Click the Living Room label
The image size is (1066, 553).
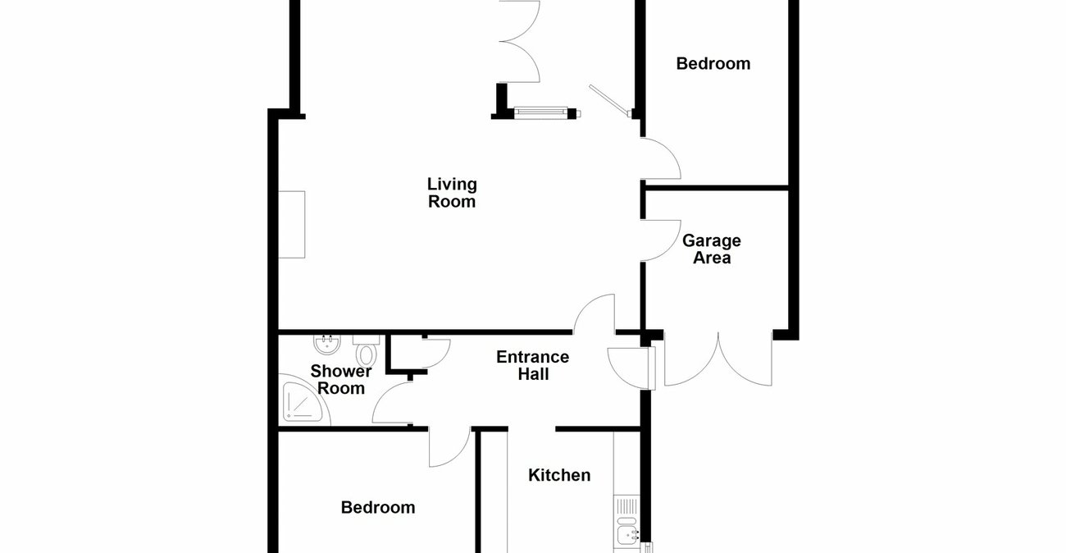click(452, 193)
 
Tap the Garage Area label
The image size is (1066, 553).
click(712, 249)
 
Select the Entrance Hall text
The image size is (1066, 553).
click(533, 365)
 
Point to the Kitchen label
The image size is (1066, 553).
click(559, 475)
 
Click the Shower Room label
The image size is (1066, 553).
click(341, 380)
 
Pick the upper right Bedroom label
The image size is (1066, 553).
click(713, 63)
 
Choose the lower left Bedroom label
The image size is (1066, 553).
click(378, 508)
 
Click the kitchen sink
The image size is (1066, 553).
click(627, 533)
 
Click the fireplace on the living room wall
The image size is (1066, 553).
click(292, 224)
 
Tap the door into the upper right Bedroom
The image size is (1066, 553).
click(661, 160)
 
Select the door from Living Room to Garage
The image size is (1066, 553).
click(661, 240)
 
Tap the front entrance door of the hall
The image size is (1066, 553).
click(630, 367)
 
